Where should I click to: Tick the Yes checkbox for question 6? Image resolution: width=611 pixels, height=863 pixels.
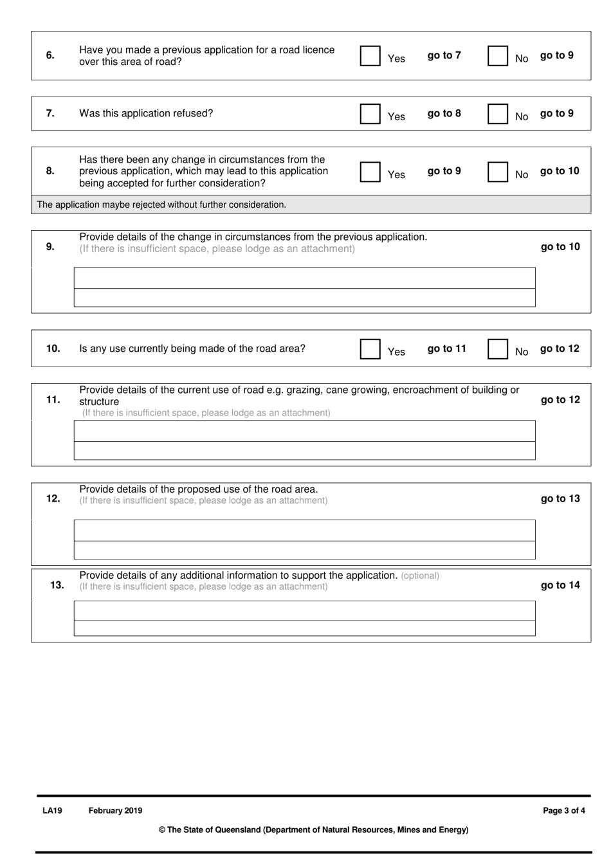point(370,56)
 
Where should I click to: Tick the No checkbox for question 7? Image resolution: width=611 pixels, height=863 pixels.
point(498,114)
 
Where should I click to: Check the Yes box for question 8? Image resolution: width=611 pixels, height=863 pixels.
point(370,172)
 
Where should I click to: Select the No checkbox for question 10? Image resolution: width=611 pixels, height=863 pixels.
point(498,349)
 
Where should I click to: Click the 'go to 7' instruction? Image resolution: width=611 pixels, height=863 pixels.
point(444,55)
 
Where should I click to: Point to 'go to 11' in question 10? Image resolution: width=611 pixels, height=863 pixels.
point(446,349)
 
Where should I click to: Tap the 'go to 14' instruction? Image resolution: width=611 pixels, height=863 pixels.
point(560,585)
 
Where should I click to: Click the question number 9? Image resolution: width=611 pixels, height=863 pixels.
point(50,246)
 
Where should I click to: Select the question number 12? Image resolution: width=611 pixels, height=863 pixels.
point(53,498)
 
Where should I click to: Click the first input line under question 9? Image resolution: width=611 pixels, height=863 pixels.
point(304,278)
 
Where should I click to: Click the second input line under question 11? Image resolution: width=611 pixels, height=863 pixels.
point(304,451)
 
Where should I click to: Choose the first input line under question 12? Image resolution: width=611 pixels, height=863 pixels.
point(304,531)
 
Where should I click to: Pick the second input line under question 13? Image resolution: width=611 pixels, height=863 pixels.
point(304,628)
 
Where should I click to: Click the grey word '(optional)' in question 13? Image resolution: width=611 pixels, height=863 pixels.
point(420,576)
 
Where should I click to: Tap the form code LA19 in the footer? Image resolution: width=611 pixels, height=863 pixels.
point(52,811)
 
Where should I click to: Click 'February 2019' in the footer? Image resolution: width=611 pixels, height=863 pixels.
point(115,811)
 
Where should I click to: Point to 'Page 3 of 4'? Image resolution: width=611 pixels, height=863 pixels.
point(563,811)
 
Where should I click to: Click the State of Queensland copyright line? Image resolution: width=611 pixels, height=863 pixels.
point(313,830)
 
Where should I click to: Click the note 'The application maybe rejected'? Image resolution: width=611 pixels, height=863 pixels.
point(161,204)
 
